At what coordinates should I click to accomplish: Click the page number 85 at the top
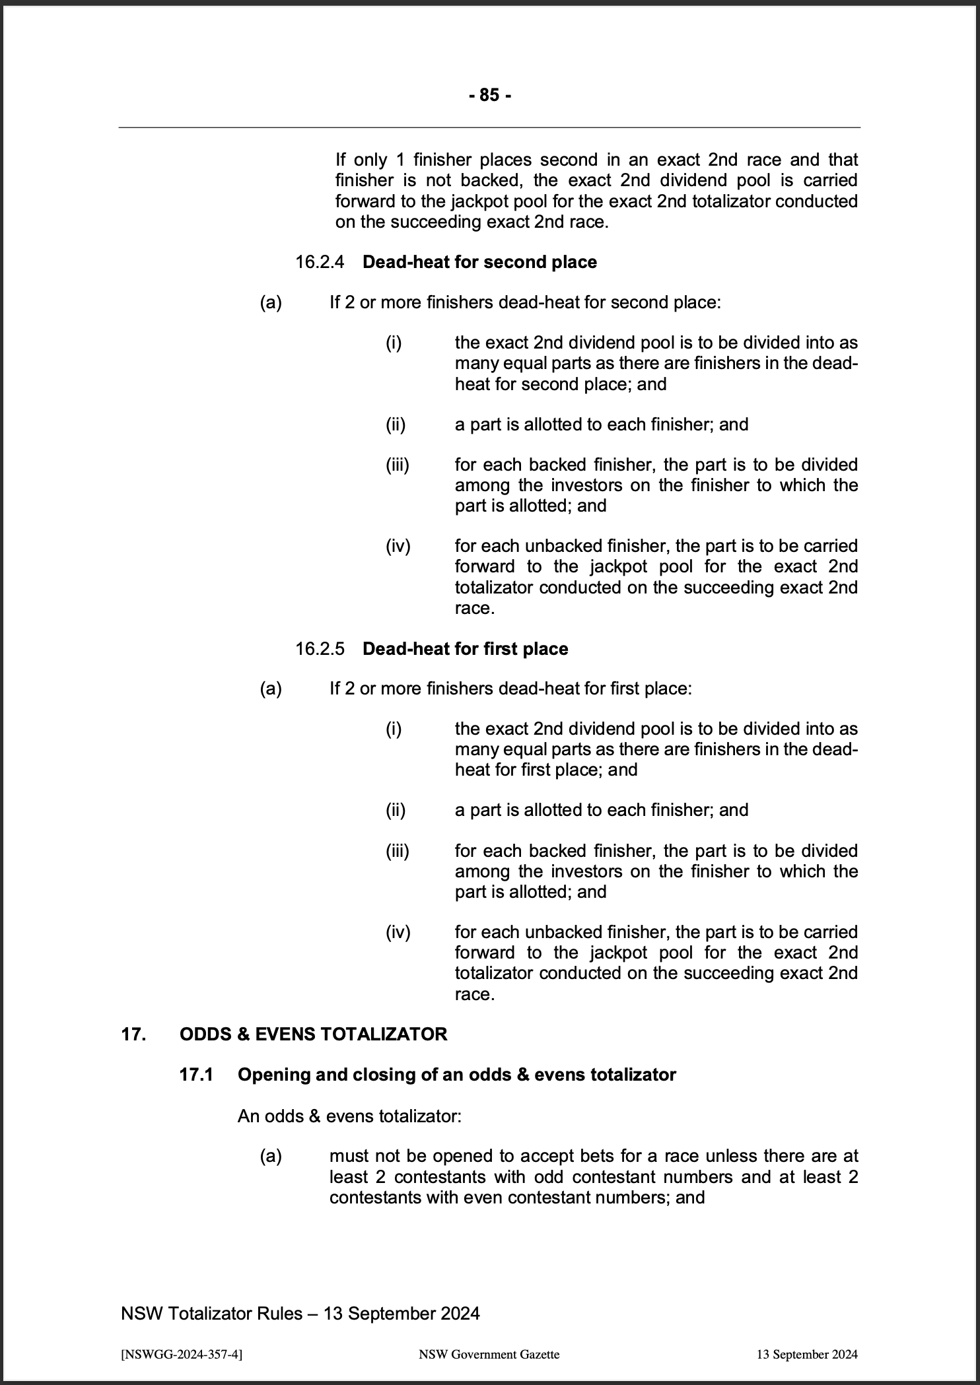[489, 96]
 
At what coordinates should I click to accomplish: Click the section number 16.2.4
[320, 262]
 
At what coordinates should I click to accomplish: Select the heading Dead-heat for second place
[479, 262]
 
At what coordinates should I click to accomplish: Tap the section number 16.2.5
[320, 648]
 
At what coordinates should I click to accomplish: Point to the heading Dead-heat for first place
[465, 648]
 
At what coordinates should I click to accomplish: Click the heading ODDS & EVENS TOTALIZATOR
[313, 1034]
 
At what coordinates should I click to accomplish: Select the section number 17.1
[196, 1075]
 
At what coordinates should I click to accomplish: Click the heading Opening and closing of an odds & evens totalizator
[456, 1075]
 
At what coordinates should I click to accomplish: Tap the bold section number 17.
[133, 1034]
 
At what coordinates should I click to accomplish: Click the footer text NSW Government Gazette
[489, 1355]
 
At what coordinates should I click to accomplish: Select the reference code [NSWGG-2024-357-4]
[182, 1355]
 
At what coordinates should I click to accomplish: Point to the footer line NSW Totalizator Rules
[300, 1314]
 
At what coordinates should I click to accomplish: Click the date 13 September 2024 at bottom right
[807, 1355]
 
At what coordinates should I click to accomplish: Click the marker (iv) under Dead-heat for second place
[398, 546]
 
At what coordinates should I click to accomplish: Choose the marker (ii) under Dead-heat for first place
[395, 809]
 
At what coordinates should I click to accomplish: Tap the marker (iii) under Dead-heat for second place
[397, 465]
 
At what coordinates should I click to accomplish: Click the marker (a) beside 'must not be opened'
[271, 1156]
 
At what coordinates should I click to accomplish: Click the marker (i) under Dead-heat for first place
[394, 729]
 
